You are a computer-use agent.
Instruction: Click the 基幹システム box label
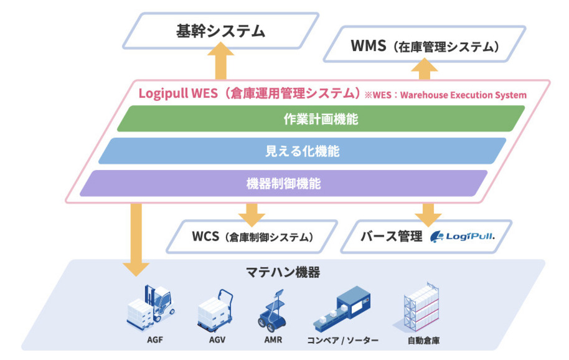point(220,31)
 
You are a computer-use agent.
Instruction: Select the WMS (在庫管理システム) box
point(425,44)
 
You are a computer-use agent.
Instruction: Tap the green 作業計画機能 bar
point(321,119)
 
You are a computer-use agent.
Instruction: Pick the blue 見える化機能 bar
point(303,151)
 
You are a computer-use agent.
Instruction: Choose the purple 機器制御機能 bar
point(283,183)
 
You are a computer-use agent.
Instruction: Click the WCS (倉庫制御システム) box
point(252,237)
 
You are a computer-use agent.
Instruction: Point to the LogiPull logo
point(463,237)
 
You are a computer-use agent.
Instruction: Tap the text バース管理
point(392,237)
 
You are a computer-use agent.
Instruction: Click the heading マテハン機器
point(283,272)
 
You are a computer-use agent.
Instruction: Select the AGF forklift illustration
point(151,308)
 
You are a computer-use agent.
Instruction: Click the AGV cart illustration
point(215,311)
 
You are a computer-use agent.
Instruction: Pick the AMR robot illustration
point(273,311)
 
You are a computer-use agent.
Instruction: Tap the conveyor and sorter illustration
point(342,309)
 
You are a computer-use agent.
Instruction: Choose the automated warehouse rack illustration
point(423,307)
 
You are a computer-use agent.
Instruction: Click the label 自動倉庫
point(423,341)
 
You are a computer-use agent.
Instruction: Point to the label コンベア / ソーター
point(342,341)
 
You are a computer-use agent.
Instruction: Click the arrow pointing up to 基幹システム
point(220,60)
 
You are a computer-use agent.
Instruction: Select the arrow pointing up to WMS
point(424,69)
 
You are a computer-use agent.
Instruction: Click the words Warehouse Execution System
point(463,95)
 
